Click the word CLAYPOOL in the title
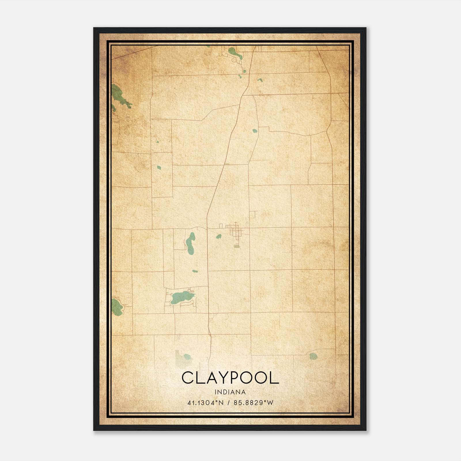coord(230,378)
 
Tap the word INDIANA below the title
coord(230,392)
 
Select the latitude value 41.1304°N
coord(205,403)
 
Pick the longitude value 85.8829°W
coord(253,403)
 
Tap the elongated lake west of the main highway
coord(190,244)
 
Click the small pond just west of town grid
coord(219,237)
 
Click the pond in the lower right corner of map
coord(313,356)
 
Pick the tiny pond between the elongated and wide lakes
coord(195,271)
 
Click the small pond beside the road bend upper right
coord(255,131)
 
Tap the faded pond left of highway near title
coord(187,357)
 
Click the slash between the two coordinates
coord(229,403)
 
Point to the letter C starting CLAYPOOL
coord(188,378)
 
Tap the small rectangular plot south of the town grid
coord(237,246)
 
